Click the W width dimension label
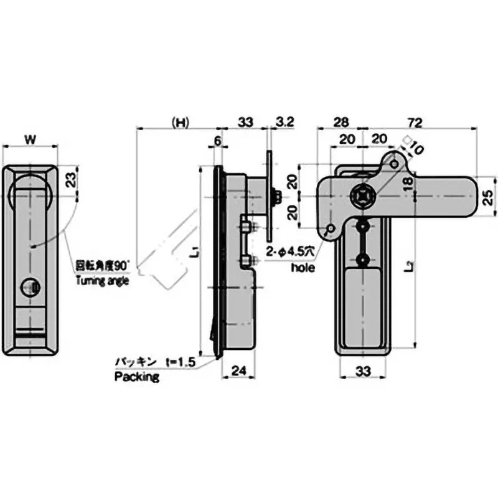point(30,138)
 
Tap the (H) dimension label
point(180,122)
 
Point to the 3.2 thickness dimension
point(284,122)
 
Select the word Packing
point(136,377)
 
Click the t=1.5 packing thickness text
point(181,362)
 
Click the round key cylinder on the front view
point(30,287)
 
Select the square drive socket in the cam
point(362,196)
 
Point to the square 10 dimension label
point(413,146)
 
